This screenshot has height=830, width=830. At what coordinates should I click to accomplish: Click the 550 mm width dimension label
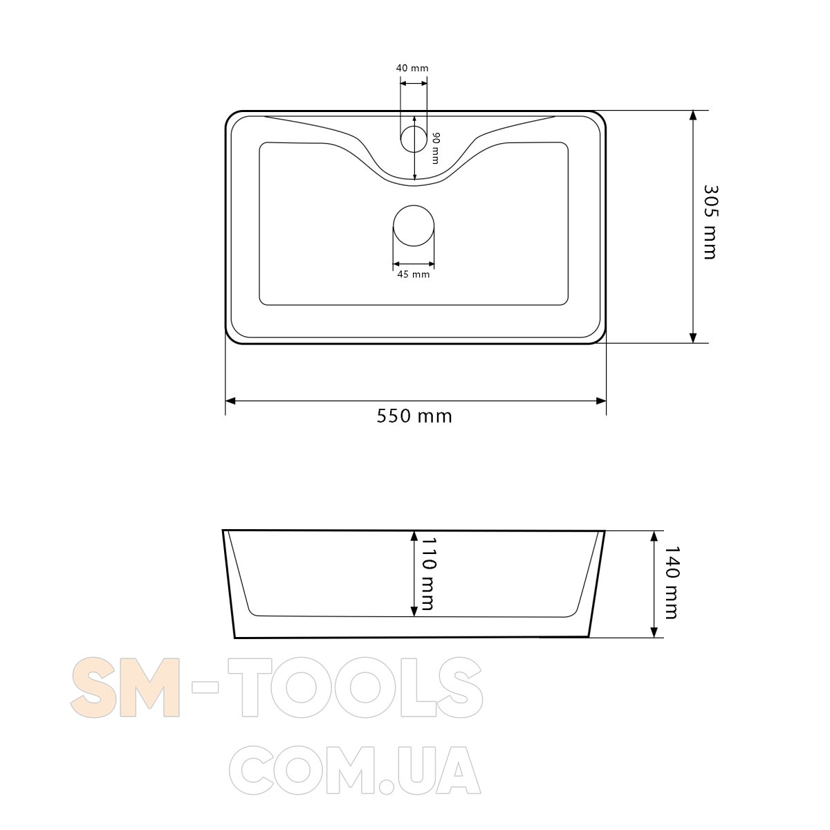pyautogui.click(x=414, y=416)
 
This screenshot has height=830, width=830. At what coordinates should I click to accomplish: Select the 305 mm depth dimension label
pyautogui.click(x=711, y=222)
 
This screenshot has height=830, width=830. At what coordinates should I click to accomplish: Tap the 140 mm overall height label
pyautogui.click(x=672, y=582)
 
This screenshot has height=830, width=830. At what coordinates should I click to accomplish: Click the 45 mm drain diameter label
pyautogui.click(x=414, y=275)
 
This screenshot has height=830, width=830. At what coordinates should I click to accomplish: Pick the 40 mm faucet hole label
pyautogui.click(x=412, y=68)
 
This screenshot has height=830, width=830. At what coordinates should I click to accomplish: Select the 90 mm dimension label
pyautogui.click(x=435, y=148)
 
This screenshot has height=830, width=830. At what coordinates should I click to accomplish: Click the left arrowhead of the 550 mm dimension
pyautogui.click(x=230, y=401)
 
